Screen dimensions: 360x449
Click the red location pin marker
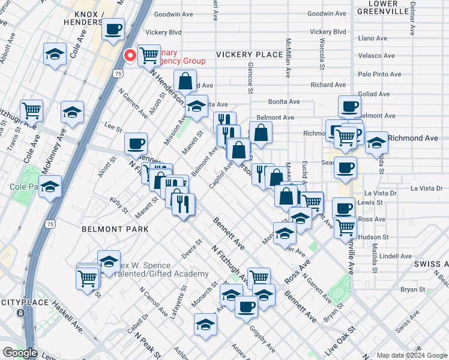130,56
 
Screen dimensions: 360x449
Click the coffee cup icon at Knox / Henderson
113,29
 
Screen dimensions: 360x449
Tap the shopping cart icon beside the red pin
149,56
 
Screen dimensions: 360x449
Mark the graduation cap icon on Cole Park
50,186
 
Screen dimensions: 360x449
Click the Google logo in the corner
19,353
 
